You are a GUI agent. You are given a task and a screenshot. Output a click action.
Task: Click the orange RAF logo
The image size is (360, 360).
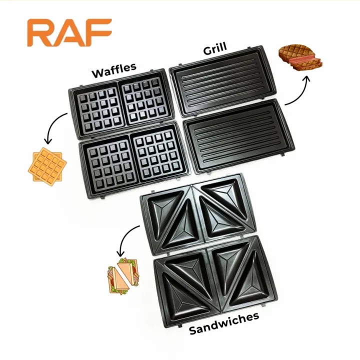tap(69, 32)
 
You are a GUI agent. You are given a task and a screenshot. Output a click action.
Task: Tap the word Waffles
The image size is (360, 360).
tap(114, 70)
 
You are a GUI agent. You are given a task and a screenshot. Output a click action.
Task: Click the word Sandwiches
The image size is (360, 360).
tap(224, 323)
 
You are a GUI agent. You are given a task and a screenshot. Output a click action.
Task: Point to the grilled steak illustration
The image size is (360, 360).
tap(301, 57)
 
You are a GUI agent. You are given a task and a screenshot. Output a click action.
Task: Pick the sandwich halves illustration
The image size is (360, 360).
tap(123, 276)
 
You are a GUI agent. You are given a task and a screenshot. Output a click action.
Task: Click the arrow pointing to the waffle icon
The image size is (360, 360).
tap(53, 126)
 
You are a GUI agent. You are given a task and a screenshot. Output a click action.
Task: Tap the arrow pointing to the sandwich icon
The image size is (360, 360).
tap(125, 239)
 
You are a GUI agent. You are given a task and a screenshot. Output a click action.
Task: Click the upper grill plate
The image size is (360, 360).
tap(222, 81)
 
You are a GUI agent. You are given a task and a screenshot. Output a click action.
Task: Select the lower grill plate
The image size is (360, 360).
tap(239, 136)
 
